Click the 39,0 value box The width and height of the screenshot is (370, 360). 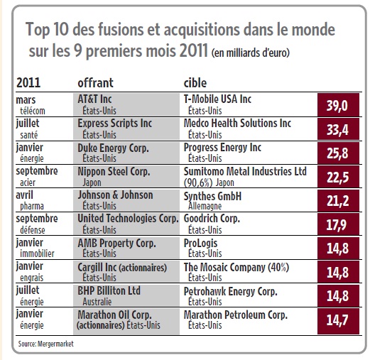point(338,105)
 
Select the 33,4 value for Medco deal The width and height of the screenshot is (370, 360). point(338,129)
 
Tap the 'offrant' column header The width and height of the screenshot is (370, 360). point(95,83)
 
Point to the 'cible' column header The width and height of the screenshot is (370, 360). point(195,83)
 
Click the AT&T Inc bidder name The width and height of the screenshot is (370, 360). point(94,99)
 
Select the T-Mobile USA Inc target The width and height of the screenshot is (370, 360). point(217,99)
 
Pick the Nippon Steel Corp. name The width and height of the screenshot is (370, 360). point(114,172)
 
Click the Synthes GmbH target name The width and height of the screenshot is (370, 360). point(212,196)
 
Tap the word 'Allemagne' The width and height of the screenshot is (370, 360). point(205,206)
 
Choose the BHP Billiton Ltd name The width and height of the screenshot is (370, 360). point(109,290)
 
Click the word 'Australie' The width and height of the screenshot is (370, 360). point(97,302)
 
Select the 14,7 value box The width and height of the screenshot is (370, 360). point(338,321)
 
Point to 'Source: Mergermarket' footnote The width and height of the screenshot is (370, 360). point(46,344)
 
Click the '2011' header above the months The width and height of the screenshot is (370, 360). point(28,83)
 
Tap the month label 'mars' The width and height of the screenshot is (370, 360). point(26,100)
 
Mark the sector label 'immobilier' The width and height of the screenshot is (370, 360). point(37,253)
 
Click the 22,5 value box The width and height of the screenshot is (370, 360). point(338,177)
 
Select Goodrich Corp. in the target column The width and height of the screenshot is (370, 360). point(212,219)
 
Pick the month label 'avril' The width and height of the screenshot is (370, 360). point(24,195)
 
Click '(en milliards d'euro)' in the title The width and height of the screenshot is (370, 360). point(251,53)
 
